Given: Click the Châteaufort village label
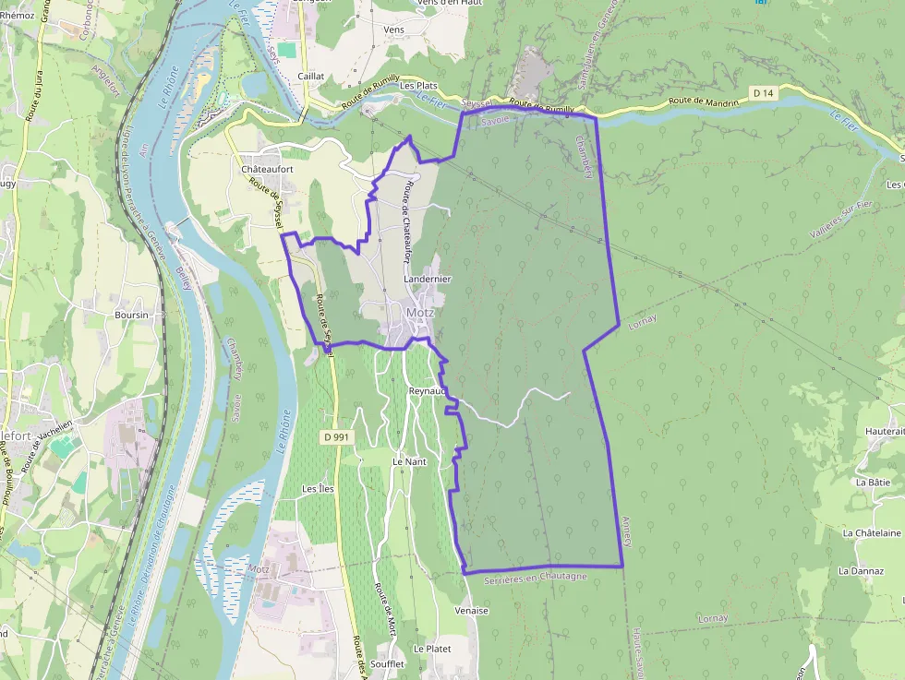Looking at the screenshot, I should pos(267,170).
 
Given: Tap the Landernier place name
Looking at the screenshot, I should pos(428,278).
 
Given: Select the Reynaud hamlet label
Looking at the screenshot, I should pos(428,391).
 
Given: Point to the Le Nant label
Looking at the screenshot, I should pos(409,461).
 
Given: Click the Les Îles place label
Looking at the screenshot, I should pos(318,488).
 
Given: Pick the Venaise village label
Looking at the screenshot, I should pos(471,611).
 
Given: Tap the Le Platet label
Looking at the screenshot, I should pos(432,649).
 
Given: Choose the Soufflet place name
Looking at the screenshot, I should pos(386,664).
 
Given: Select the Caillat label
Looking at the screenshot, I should pos(311,78).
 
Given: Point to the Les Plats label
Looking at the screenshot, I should pos(417,86).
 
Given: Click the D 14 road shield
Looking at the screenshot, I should pos(762,92).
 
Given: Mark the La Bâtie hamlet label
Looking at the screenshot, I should pos(873,482).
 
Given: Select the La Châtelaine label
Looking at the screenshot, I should pos(872,532).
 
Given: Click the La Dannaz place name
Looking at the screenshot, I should pos(861,571).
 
